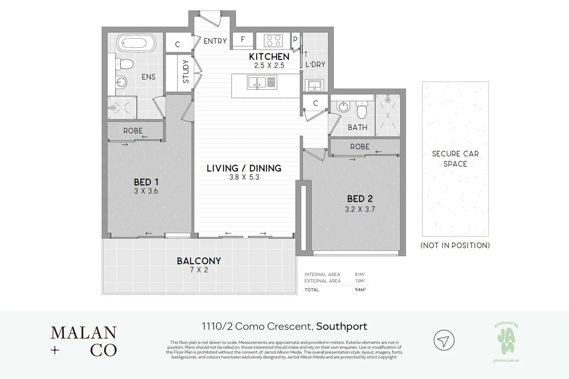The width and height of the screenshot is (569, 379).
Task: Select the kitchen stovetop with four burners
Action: point(274,40)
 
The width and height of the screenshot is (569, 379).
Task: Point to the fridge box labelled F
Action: point(243,40)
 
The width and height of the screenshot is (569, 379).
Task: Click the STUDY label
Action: point(186,72)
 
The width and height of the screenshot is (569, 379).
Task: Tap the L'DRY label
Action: point(315,65)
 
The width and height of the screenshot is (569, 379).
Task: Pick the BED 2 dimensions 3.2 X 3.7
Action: point(360,210)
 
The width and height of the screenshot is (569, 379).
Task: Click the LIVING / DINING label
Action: point(244,168)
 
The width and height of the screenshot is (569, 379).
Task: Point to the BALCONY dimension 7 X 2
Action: point(199,270)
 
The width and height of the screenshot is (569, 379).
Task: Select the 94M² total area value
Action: point(360,290)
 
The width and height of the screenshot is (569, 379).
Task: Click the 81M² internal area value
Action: point(360,275)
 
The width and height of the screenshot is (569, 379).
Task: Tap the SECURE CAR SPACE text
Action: point(455,159)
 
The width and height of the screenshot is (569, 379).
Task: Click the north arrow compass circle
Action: point(444,340)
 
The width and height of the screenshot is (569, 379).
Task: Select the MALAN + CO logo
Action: point(84,341)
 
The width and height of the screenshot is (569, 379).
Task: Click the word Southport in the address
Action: point(341,326)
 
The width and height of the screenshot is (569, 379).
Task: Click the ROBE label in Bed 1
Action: point(133,131)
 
